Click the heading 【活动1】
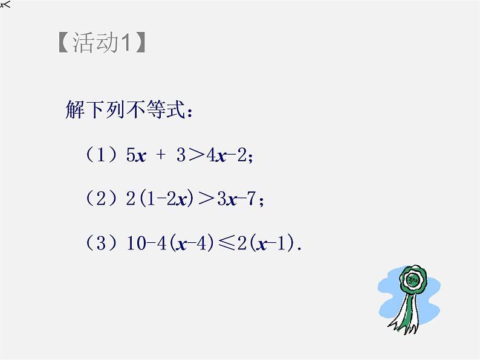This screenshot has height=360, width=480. click(102, 43)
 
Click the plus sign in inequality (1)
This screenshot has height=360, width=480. click(160, 156)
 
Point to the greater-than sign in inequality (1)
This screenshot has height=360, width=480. click(195, 156)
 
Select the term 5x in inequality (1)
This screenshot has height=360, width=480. click(137, 156)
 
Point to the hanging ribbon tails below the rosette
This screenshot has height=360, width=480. click(405, 317)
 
